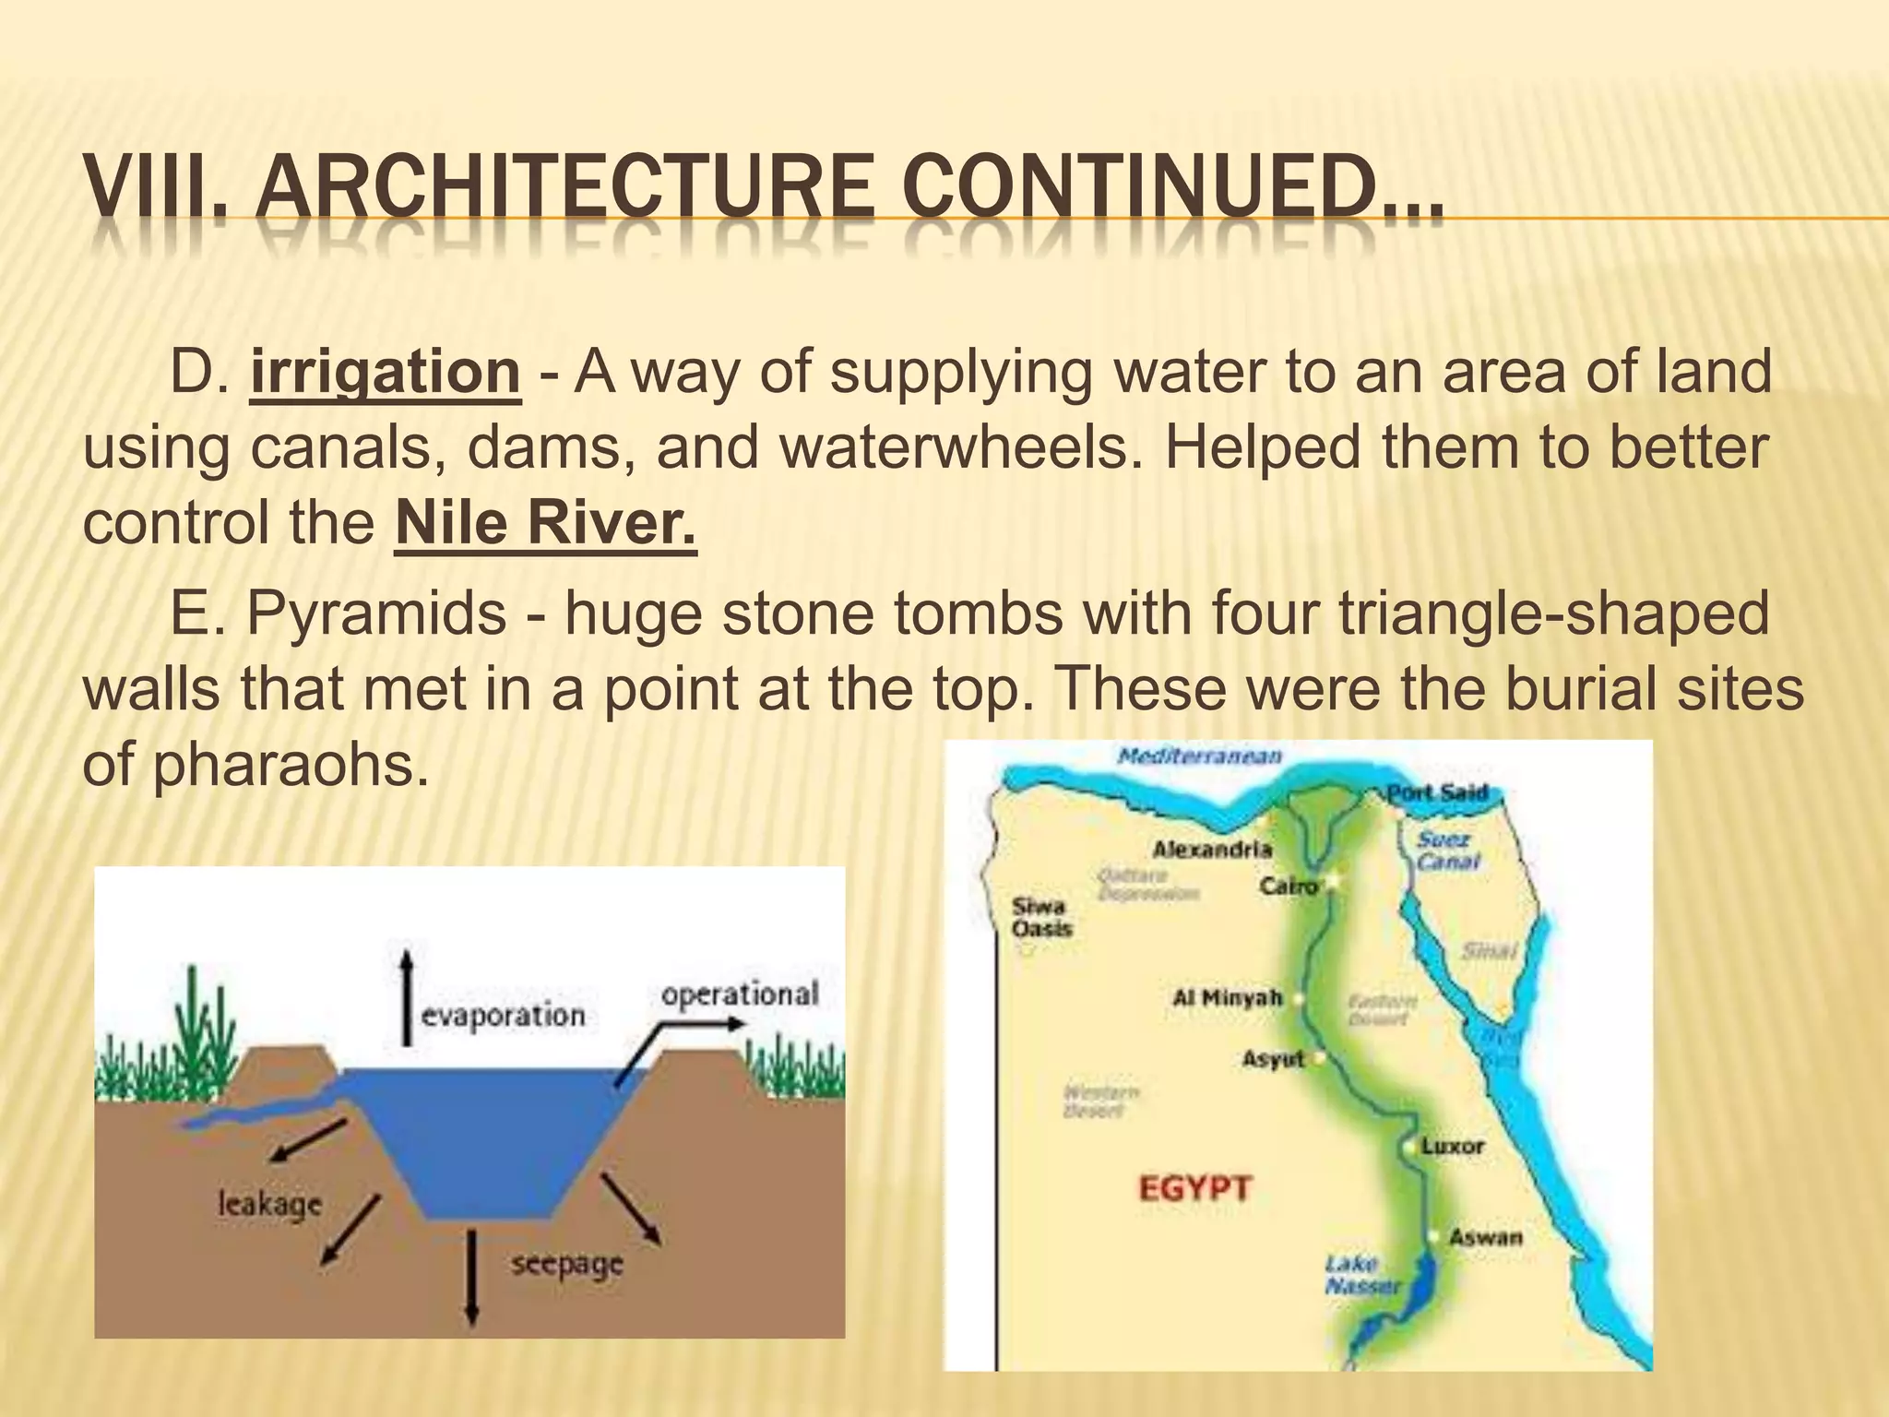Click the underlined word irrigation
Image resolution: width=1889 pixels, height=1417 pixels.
pos(385,372)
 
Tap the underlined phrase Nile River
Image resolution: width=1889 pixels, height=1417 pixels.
pos(544,523)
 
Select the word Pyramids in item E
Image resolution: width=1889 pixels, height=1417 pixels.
pos(375,613)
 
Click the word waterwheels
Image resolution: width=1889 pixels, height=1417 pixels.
pos(954,447)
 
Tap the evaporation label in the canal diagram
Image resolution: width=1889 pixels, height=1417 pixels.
pos(503,1016)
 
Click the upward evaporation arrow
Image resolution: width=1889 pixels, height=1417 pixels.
pos(407,997)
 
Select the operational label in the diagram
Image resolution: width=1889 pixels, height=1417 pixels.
pos(740,994)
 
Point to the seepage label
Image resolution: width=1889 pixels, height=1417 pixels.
pos(567,1264)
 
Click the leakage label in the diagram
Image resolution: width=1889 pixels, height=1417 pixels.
pos(269,1204)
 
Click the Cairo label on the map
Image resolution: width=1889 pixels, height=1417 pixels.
pos(1289,887)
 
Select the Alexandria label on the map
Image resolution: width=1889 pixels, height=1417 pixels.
pos(1212,849)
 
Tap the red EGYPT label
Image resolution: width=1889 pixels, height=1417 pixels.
pos(1194,1188)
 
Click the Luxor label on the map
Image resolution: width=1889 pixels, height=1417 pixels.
pos(1452,1147)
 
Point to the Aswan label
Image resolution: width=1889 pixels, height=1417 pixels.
pos(1485,1237)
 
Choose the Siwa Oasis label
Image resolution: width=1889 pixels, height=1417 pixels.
pos(1041,917)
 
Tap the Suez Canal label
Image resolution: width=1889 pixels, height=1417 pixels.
pos(1447,851)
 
